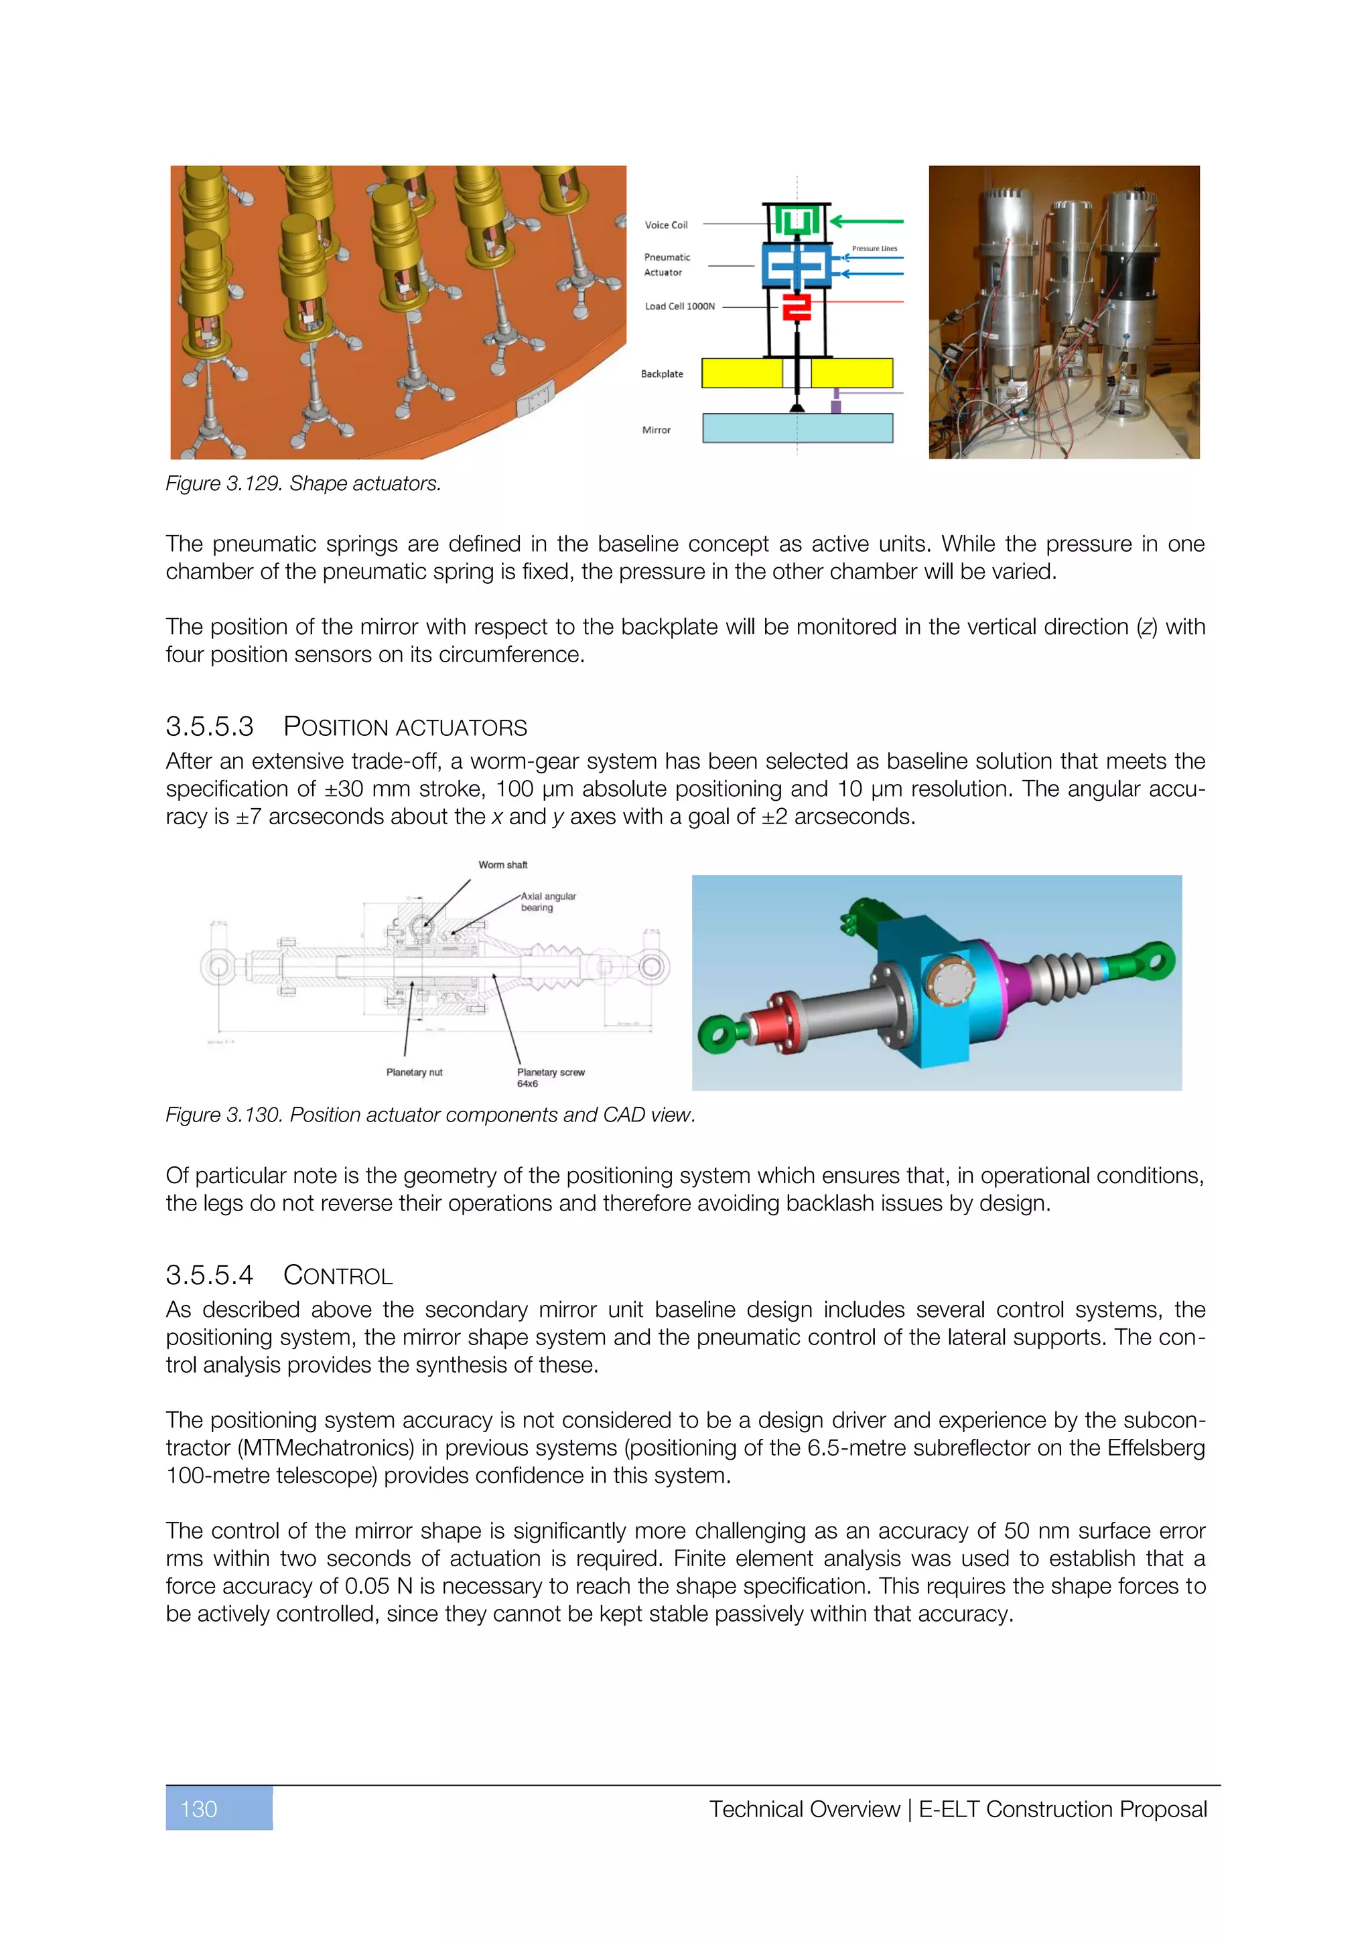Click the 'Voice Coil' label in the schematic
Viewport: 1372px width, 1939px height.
point(666,225)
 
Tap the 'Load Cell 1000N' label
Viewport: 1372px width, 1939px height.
point(679,306)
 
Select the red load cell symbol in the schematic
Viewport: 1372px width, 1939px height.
point(796,307)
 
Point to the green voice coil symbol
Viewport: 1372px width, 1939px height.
point(797,221)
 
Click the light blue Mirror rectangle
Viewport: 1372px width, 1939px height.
point(797,428)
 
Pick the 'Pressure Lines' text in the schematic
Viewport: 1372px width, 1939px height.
point(874,248)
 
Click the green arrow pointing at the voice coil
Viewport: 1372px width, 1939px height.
point(866,221)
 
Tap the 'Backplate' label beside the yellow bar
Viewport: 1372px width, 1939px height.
point(661,374)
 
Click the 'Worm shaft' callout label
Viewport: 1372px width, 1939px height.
point(502,865)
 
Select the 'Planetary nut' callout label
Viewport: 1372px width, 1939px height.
point(414,1073)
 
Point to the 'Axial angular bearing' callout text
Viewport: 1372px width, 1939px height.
point(547,902)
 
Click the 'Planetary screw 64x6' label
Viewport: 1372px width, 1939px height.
point(550,1077)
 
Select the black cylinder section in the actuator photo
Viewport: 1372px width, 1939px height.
point(1129,275)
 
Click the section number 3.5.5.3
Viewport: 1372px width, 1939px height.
point(210,726)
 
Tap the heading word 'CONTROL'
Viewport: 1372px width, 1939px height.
point(338,1275)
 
